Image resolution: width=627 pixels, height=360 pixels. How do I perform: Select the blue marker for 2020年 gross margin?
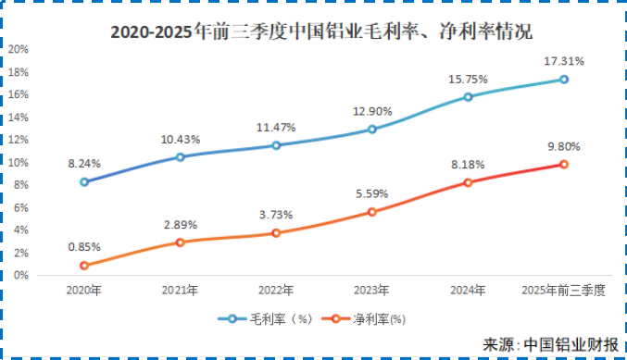pyautogui.click(x=84, y=181)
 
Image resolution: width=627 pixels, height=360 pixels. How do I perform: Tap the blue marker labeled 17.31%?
pyautogui.click(x=563, y=80)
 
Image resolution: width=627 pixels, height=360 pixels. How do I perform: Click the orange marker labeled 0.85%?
pyautogui.click(x=84, y=266)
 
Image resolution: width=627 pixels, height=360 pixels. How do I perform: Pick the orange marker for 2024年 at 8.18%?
pyautogui.click(x=468, y=182)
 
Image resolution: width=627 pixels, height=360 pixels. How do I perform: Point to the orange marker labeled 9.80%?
pyautogui.click(x=563, y=165)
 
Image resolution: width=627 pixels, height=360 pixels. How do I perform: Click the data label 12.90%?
pyautogui.click(x=371, y=111)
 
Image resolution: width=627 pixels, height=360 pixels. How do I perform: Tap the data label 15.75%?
pyautogui.click(x=468, y=79)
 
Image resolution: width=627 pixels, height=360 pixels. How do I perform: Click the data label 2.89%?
pyautogui.click(x=180, y=225)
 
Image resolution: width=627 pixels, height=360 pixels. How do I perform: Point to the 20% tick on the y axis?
pyautogui.click(x=18, y=49)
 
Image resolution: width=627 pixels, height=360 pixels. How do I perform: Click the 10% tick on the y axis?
pyautogui.click(x=18, y=162)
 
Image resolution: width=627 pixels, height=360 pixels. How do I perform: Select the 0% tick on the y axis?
pyautogui.click(x=20, y=275)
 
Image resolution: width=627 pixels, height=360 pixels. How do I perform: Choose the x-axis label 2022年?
pyautogui.click(x=275, y=291)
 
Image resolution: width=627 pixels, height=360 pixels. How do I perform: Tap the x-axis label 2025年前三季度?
pyautogui.click(x=563, y=291)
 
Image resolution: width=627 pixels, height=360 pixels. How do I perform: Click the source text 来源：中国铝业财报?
pyautogui.click(x=550, y=344)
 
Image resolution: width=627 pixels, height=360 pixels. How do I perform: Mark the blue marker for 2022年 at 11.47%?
pyautogui.click(x=276, y=145)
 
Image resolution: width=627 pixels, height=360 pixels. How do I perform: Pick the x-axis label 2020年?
pyautogui.click(x=84, y=291)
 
